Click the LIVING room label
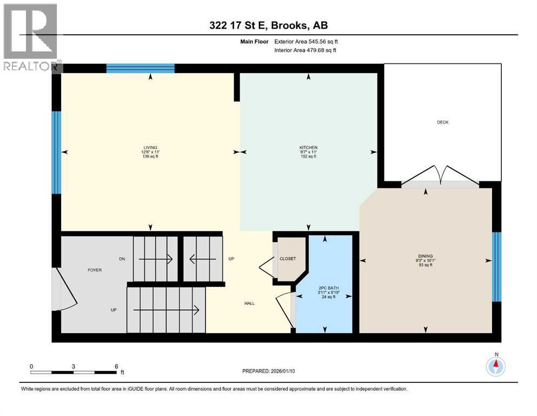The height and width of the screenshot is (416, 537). pos(150,147)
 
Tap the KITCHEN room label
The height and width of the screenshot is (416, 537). pos(308,147)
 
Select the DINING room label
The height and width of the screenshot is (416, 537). pos(426,256)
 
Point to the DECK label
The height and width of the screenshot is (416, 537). pos(442,122)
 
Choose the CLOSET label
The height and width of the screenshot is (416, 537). pos(288,259)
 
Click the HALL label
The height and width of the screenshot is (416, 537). pos(249,303)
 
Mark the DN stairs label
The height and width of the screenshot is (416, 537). pos(123,259)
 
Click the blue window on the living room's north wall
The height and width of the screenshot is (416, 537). pos(140,68)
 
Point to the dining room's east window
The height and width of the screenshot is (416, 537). pos(496,266)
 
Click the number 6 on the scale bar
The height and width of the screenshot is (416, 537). pos(116,366)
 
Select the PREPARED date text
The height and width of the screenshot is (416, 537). pos(268,371)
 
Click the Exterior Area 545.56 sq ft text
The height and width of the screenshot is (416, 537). pos(309,41)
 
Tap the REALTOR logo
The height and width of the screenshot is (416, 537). pos(31,38)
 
